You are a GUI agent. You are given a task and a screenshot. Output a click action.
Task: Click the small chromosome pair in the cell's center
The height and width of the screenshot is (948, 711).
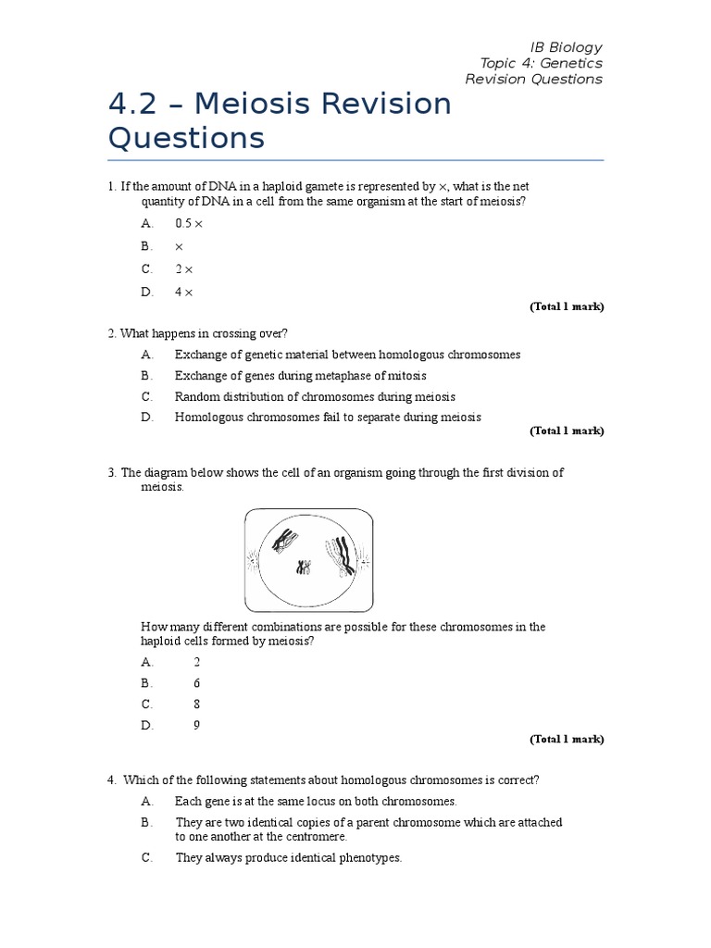tap(303, 567)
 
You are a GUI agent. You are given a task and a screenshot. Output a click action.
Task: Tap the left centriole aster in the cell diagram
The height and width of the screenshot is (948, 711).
tap(251, 559)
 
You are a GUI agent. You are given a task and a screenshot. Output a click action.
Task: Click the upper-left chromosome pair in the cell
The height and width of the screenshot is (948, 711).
tap(287, 540)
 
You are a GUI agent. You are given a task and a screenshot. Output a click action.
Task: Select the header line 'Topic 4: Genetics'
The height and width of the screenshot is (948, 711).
tap(541, 63)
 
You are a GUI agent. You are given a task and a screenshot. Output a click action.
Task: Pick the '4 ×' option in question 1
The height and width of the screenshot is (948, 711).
tap(183, 292)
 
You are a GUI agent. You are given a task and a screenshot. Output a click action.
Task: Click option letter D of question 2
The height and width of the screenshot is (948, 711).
tap(146, 418)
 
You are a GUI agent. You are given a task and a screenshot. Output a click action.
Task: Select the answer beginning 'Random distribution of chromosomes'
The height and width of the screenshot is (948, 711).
tap(315, 396)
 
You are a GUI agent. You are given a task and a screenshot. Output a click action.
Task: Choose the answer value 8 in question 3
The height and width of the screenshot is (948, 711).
tap(196, 705)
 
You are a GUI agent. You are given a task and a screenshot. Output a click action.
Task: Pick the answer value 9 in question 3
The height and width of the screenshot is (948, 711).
tap(196, 726)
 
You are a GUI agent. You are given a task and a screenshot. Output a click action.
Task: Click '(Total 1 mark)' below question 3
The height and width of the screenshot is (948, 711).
tap(566, 740)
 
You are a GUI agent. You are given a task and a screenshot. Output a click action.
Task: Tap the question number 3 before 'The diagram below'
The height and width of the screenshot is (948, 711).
tap(111, 473)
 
